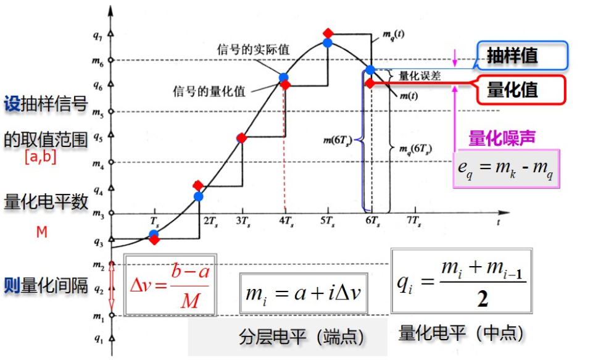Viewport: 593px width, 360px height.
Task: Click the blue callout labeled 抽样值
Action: point(522,56)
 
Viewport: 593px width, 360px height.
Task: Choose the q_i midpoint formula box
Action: point(462,282)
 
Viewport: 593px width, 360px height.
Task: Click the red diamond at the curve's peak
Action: point(328,33)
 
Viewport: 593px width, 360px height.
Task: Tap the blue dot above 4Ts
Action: point(284,78)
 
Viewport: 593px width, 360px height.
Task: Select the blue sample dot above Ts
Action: point(154,234)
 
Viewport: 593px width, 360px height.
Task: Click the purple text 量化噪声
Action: point(502,138)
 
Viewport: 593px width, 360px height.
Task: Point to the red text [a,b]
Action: point(41,157)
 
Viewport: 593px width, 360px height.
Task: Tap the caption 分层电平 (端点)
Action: point(302,336)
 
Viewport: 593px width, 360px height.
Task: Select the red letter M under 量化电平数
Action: point(42,232)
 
